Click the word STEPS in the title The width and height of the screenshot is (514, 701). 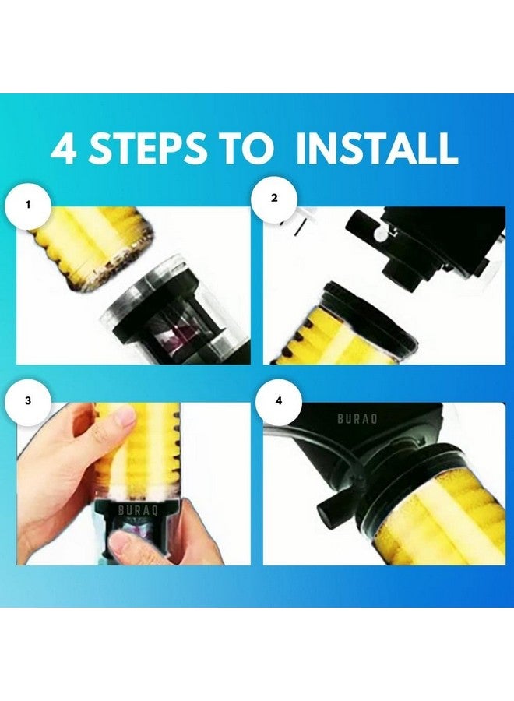coord(147,147)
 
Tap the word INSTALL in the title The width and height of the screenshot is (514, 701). coord(377,147)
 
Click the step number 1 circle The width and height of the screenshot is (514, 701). coord(28,206)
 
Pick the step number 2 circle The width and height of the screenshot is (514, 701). coord(274,198)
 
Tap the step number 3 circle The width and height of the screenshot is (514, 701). coord(28,400)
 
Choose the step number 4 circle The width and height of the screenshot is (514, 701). coord(279,400)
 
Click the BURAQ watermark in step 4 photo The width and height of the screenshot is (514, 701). coord(357,419)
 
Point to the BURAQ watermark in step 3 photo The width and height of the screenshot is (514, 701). coord(138,510)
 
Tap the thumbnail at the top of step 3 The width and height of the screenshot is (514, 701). coord(125,419)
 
